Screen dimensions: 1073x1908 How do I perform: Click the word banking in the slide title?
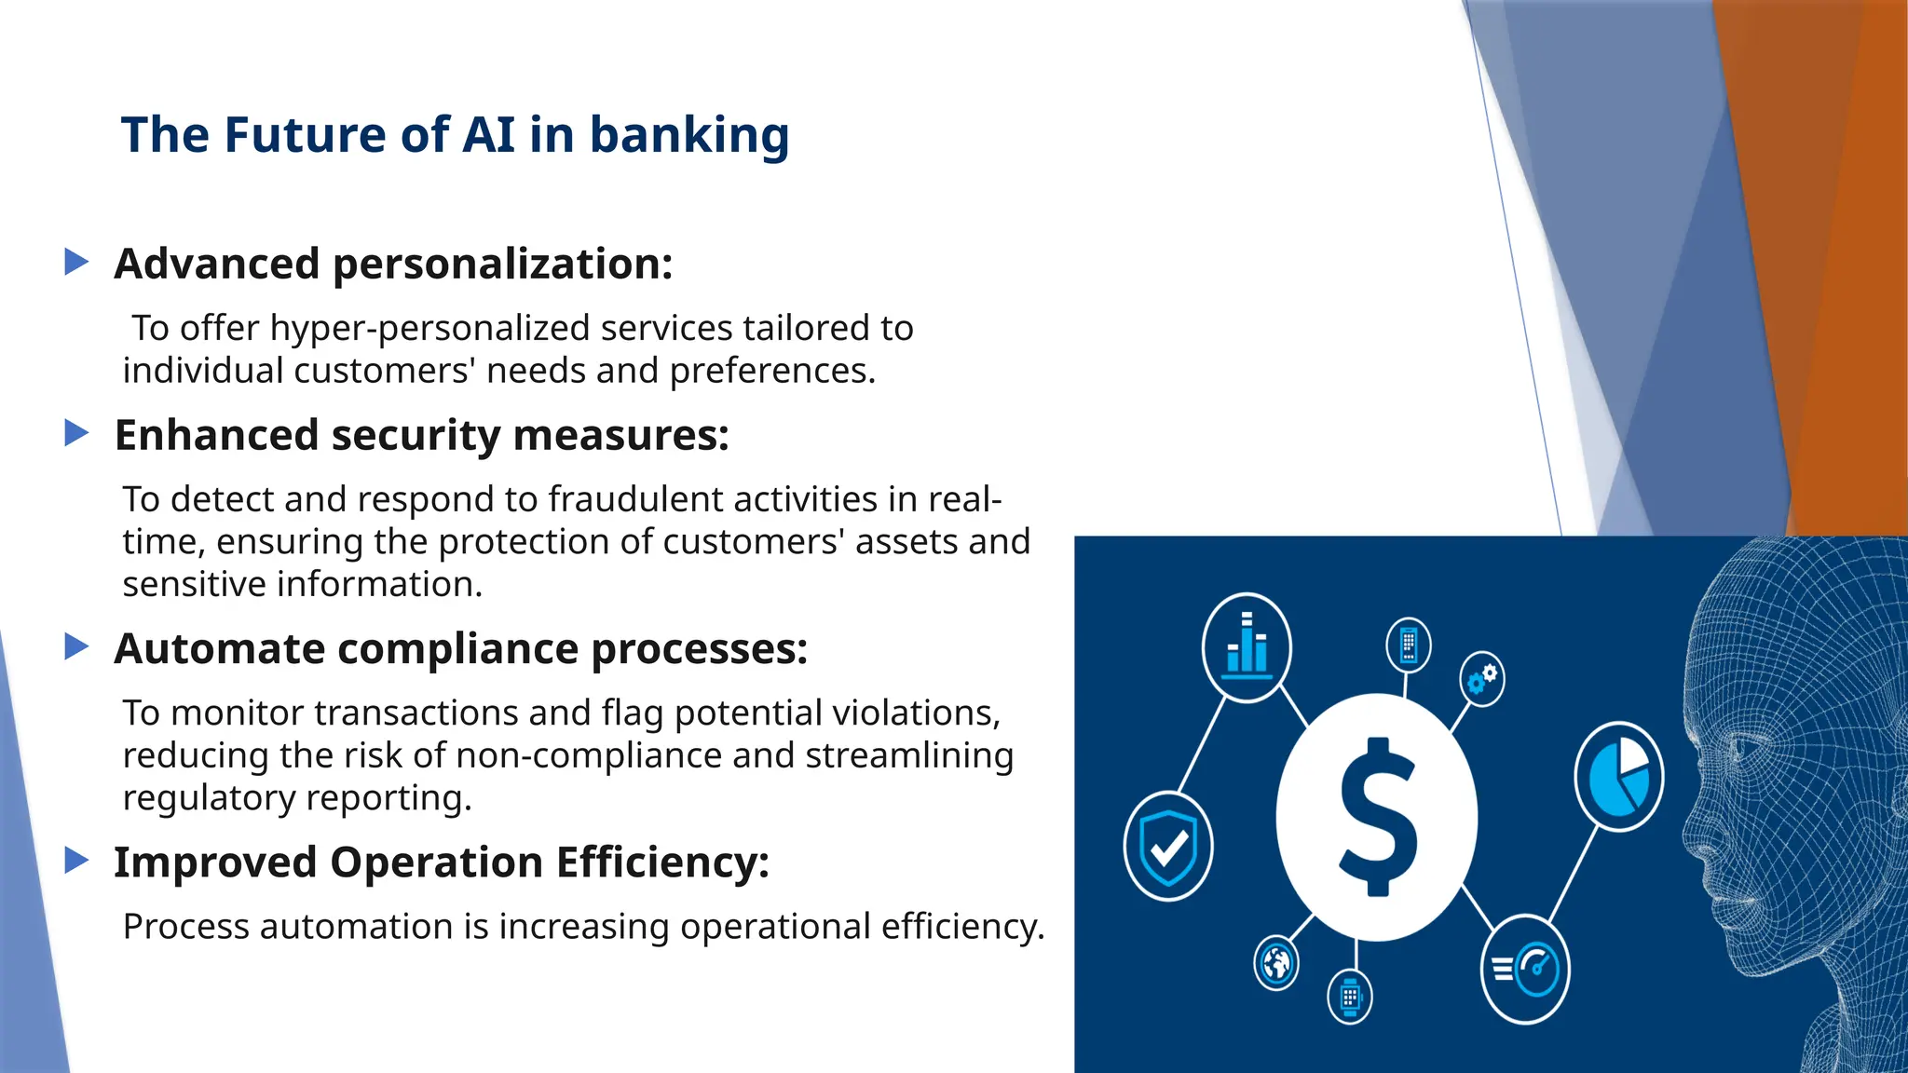tap(689, 135)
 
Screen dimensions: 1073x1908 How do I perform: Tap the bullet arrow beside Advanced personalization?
tap(76, 262)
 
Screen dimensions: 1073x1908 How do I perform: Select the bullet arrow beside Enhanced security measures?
tap(76, 432)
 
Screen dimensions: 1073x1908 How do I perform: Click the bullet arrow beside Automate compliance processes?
tap(76, 645)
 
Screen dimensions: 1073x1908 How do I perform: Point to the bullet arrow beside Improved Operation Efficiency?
tap(76, 860)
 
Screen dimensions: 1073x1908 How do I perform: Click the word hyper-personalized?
tap(429, 329)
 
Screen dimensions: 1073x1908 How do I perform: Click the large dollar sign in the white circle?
tap(1377, 816)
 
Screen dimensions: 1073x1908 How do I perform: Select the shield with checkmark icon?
tap(1168, 846)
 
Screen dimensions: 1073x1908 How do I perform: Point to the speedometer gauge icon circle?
tap(1526, 969)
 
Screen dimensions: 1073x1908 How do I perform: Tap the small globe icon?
tap(1276, 963)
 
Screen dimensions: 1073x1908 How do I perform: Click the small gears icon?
tap(1481, 678)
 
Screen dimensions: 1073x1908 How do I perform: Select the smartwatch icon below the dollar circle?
tap(1350, 998)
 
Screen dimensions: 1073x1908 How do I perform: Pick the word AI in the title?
tap(488, 135)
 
